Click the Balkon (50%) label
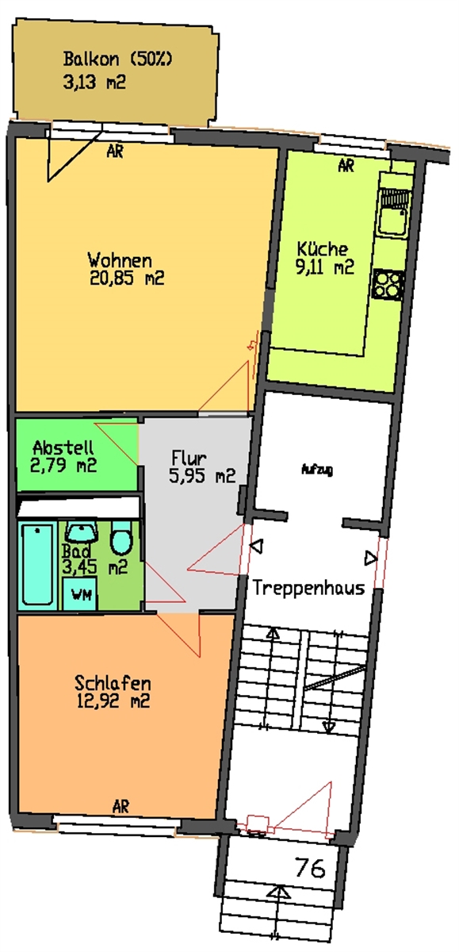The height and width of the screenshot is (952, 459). [x=118, y=59]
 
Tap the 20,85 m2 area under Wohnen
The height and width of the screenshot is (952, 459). [x=127, y=278]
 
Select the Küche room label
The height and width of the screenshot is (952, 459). [x=323, y=248]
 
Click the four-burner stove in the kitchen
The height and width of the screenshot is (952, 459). [x=388, y=284]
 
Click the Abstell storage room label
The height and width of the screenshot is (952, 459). [x=63, y=447]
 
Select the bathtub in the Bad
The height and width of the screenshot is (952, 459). [x=38, y=564]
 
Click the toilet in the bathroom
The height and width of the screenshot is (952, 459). [x=121, y=538]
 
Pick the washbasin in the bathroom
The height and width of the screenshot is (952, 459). [x=82, y=532]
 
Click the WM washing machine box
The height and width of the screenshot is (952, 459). [x=80, y=593]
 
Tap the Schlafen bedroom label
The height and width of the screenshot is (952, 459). [x=113, y=683]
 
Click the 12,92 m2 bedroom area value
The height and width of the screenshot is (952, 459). [x=113, y=701]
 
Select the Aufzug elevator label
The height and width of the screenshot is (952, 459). [x=317, y=470]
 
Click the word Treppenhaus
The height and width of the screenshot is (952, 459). [x=308, y=588]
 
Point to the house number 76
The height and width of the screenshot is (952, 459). [x=311, y=867]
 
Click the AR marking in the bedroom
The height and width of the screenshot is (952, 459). [x=121, y=805]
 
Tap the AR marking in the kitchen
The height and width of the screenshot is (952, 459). [x=346, y=165]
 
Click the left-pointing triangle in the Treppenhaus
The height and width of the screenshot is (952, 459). [x=257, y=546]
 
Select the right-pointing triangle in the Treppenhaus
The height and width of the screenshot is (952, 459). [x=370, y=559]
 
